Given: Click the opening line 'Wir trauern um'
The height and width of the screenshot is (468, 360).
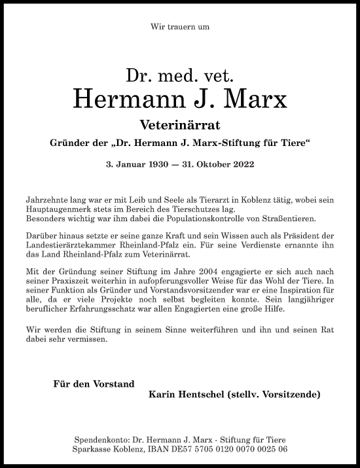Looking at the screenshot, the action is (179, 27).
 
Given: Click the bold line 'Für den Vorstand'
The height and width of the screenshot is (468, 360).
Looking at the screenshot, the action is (94, 384).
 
